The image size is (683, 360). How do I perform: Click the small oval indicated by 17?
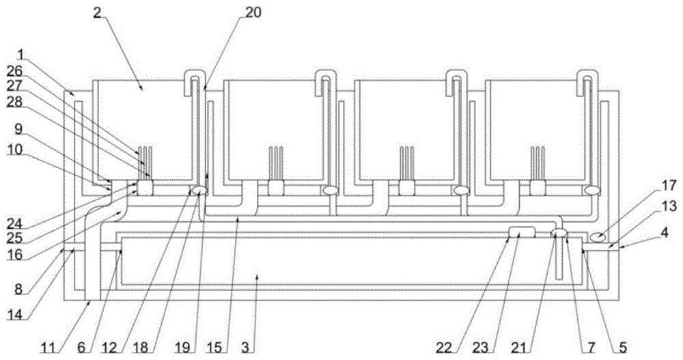click(x=598, y=236)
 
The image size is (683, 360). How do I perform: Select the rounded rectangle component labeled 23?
click(x=522, y=234)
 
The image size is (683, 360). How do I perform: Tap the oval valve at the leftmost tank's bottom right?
click(x=200, y=191)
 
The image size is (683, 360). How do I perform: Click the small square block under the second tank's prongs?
click(x=276, y=188)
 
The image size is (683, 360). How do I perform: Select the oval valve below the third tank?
click(x=462, y=191)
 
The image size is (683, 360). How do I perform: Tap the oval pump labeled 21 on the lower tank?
click(x=559, y=234)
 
